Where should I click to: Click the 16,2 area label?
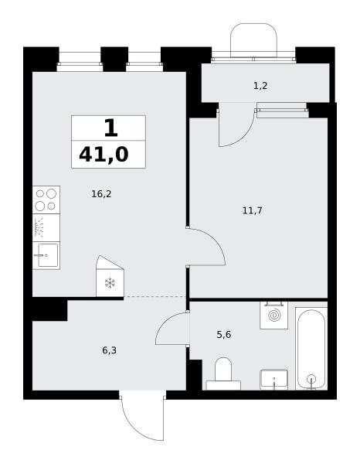101,194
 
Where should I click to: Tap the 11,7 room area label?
252,211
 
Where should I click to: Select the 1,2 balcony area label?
260,86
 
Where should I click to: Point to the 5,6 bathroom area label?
224,335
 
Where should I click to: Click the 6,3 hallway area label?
110,350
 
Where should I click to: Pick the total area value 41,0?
104,155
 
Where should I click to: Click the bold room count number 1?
110,128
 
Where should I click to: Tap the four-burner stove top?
46,200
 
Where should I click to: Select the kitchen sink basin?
46,255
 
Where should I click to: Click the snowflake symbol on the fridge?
110,283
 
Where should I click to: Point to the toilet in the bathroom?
223,374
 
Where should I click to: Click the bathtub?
311,349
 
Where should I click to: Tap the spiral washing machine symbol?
274,316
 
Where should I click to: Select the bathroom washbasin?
274,380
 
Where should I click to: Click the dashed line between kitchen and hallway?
155,296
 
